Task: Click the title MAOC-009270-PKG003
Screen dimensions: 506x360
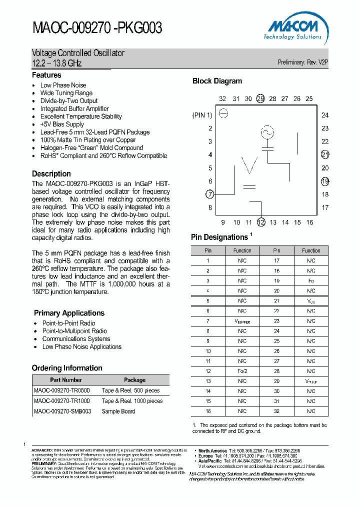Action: coord(97,28)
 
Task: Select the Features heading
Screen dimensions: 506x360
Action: coord(46,75)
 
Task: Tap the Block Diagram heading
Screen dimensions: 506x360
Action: coord(217,81)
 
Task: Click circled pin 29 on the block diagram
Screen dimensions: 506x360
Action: coord(260,98)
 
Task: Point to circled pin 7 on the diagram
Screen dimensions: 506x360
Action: coord(210,194)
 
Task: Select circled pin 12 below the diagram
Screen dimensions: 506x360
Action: coord(260,222)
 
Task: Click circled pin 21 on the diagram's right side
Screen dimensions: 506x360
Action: coord(325,154)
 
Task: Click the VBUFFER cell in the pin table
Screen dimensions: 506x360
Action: coord(242,321)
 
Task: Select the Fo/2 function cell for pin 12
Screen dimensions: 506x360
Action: coord(242,371)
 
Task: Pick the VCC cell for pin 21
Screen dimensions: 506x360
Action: coord(311,301)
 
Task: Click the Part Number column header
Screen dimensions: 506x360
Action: coord(66,380)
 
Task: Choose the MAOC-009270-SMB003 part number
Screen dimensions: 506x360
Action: coord(62,411)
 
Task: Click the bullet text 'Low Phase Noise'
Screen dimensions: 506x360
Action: coord(63,85)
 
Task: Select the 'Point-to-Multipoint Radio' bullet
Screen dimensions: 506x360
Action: coord(74,331)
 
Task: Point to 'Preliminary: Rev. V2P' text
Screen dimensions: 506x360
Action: coord(302,62)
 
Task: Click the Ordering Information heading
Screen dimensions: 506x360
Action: coord(67,368)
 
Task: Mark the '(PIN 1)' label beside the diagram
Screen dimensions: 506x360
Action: coord(202,115)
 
